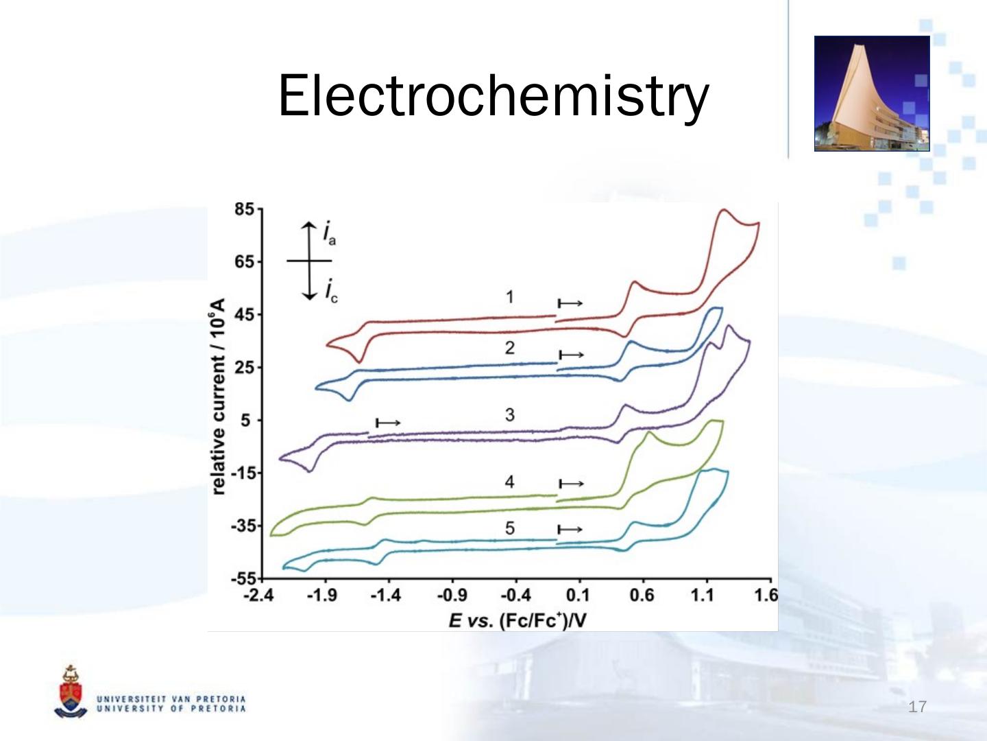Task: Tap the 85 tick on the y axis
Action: coord(245,209)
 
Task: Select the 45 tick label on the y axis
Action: coord(245,315)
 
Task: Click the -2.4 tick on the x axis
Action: coord(258,595)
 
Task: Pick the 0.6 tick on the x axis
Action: coord(642,595)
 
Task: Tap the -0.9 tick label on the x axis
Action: coord(451,595)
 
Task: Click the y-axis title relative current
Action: coord(218,397)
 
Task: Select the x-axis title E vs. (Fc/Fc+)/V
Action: coord(517,621)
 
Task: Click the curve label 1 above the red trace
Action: coord(509,296)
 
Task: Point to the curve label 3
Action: coord(509,414)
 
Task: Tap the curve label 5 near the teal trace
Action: coord(509,528)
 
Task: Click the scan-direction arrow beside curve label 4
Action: coord(570,484)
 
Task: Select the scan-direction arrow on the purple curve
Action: coord(388,423)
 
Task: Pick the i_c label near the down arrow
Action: coord(330,290)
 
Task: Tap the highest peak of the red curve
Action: coord(723,210)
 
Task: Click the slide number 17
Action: coord(917,707)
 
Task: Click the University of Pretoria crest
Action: coord(70,692)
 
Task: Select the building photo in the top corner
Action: coord(871,93)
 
